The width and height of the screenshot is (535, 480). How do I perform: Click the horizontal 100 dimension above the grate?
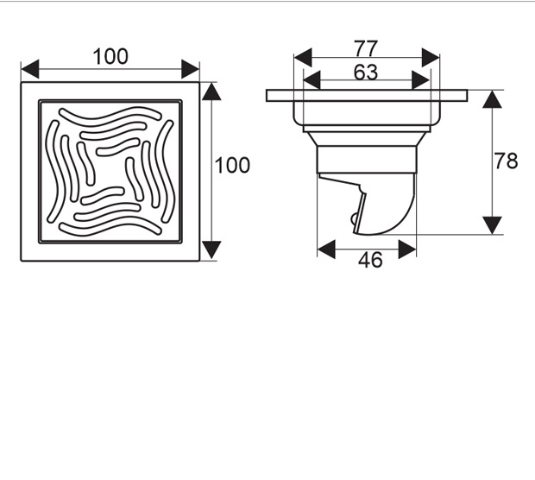[x=110, y=56]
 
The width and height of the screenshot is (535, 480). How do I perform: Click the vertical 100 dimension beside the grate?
[x=232, y=165]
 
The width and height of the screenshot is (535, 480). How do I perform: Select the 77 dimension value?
[x=366, y=48]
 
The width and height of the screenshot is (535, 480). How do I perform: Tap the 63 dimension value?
[x=365, y=73]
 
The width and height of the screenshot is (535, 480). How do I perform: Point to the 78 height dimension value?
[x=506, y=161]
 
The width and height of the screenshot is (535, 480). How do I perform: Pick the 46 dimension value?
[x=370, y=260]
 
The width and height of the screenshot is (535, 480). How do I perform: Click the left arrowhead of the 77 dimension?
[x=303, y=57]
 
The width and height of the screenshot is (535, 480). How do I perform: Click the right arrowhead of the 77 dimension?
[x=431, y=57]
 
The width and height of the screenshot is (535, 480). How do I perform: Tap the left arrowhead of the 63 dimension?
[x=312, y=80]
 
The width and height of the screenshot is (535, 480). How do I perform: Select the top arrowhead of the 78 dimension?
[x=493, y=99]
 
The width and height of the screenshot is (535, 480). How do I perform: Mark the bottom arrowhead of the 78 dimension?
[x=493, y=225]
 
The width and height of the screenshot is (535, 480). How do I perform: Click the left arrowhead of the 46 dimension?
[x=326, y=249]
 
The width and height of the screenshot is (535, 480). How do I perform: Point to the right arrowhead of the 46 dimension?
[x=407, y=249]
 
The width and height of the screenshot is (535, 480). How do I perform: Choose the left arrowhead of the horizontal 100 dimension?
[x=30, y=69]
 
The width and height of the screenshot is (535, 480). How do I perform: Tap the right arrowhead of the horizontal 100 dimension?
[x=191, y=69]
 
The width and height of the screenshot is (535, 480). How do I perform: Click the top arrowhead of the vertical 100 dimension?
[x=211, y=92]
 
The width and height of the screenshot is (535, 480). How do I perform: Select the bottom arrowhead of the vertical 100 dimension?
[x=211, y=249]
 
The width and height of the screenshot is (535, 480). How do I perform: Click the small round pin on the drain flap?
[x=354, y=218]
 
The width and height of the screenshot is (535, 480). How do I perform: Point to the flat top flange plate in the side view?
[x=367, y=96]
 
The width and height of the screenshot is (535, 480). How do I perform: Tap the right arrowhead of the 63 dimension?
[x=421, y=80]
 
